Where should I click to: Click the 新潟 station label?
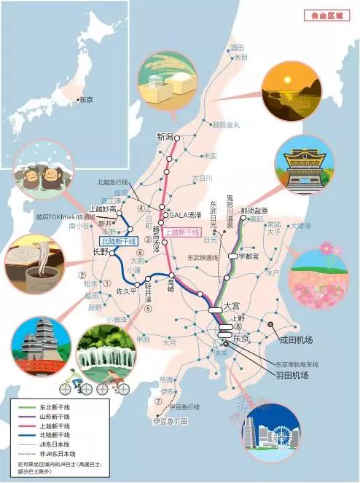pos(166,136)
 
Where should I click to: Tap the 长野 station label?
pos(100,251)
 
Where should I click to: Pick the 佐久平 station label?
pos(127,291)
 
